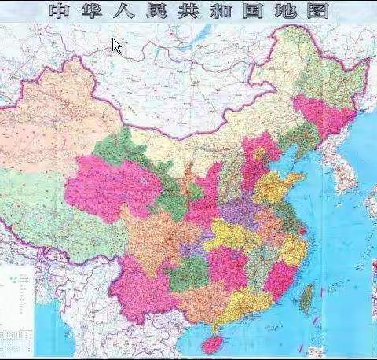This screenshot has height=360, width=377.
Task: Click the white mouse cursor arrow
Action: click(117, 46)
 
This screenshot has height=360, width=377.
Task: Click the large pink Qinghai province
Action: click(110, 189)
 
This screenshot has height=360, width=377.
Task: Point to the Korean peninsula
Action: click(342, 169)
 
